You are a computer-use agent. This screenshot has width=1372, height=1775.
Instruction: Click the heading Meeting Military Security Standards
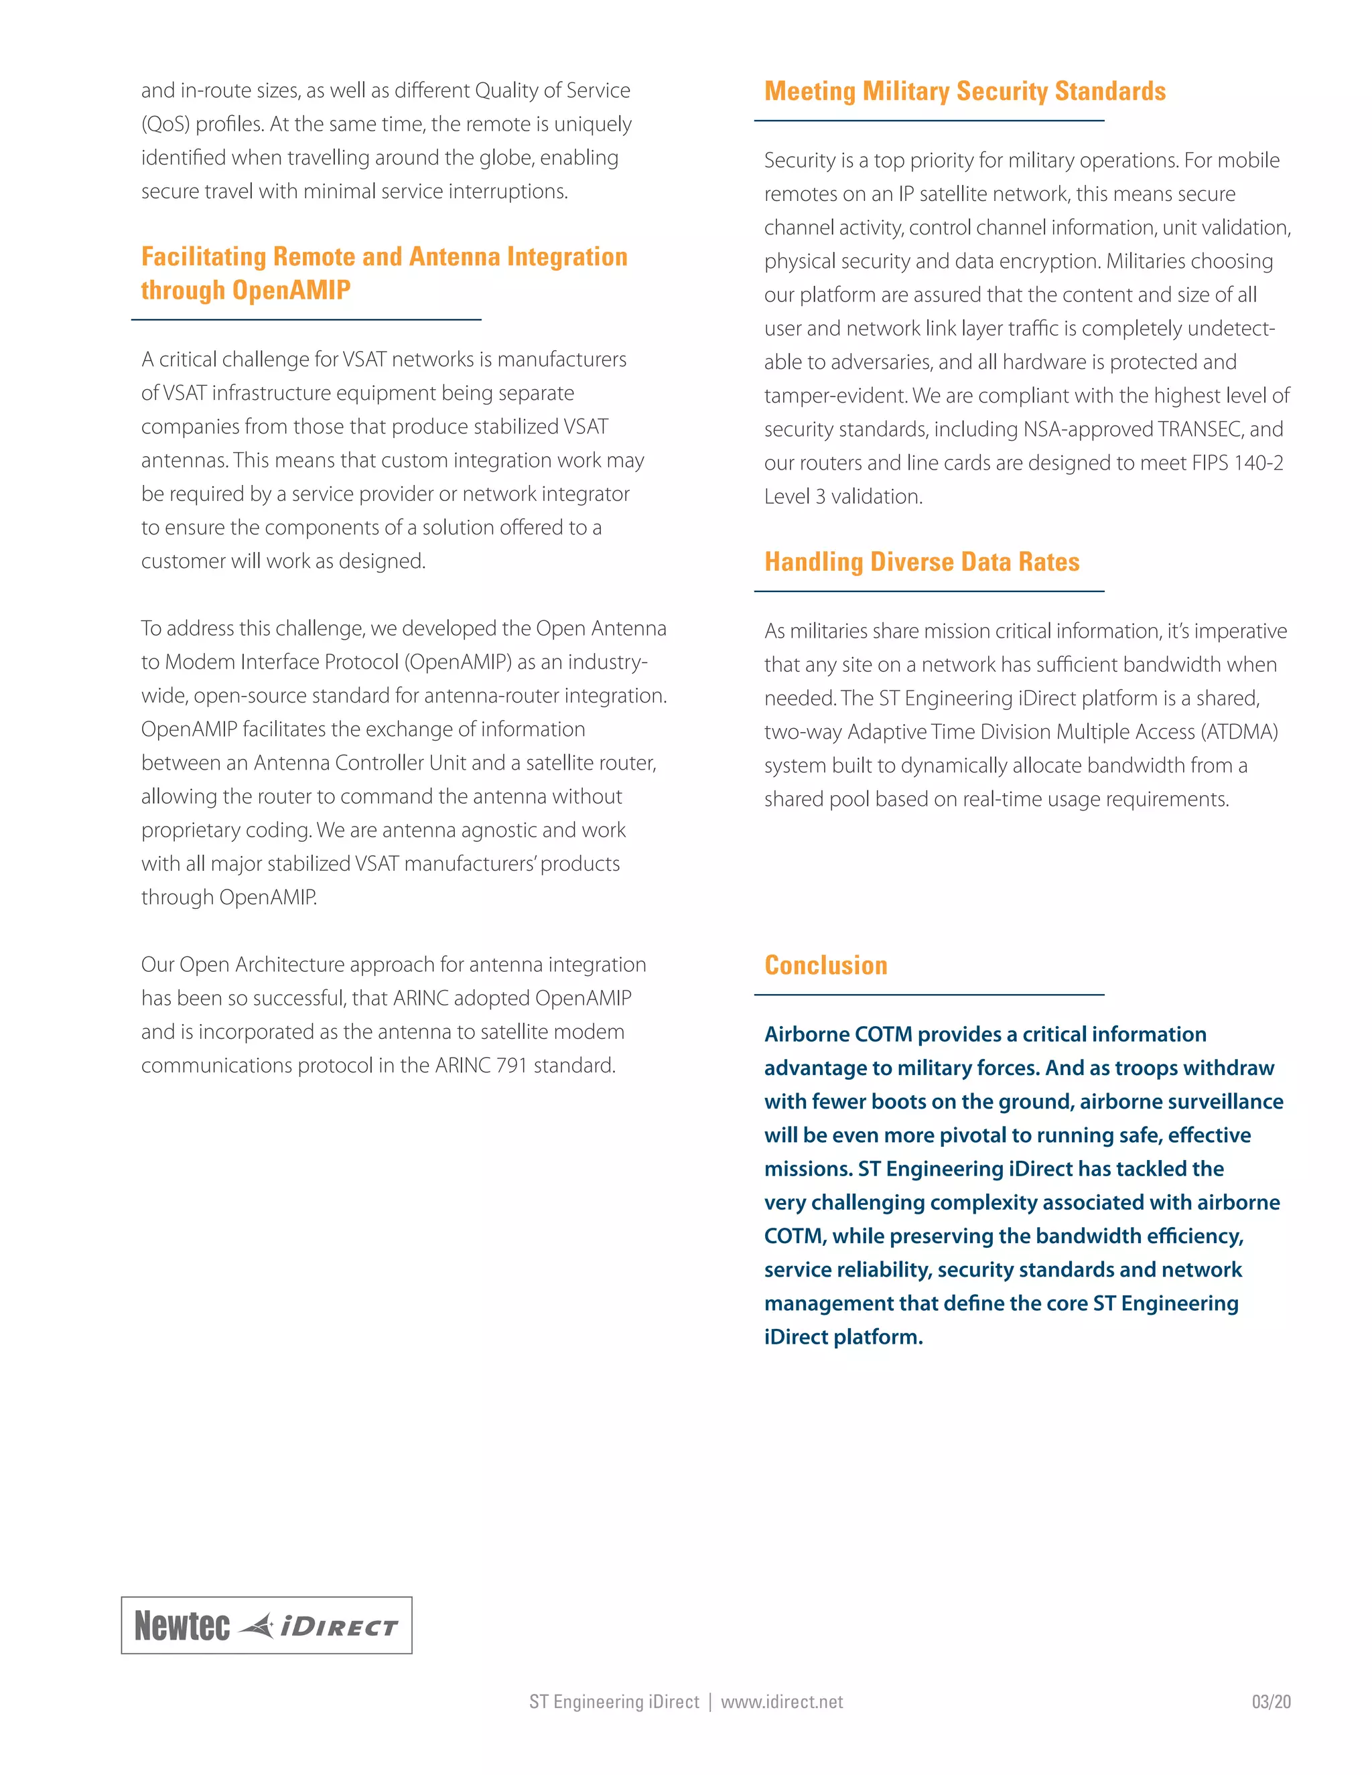(965, 91)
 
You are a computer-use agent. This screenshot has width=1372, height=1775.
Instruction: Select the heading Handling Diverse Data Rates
(922, 561)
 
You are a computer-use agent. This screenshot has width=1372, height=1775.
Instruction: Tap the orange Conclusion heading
(826, 965)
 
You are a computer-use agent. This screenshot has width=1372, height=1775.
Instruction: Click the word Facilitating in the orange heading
(203, 257)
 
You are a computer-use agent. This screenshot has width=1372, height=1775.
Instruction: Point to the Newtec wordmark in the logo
(182, 1626)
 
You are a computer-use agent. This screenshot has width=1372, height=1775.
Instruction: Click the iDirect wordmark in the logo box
(339, 1627)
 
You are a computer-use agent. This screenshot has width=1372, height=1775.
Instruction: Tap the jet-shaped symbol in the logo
(259, 1626)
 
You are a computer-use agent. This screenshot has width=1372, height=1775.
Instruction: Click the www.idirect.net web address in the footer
(782, 1702)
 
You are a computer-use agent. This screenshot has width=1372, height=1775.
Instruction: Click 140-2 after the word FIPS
(1258, 464)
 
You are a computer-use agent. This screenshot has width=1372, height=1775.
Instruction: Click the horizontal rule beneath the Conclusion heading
(929, 995)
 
